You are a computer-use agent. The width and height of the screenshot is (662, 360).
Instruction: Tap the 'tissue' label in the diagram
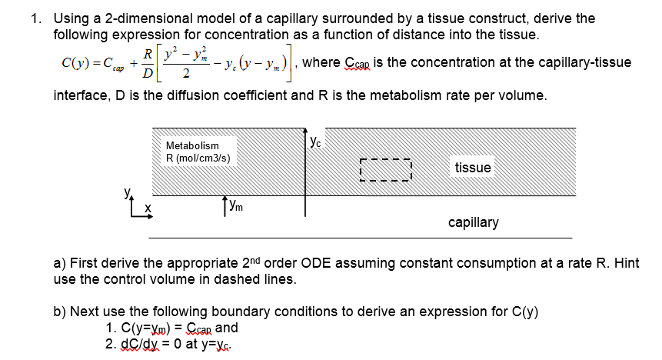point(472,168)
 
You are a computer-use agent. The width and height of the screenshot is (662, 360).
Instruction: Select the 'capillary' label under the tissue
point(473,222)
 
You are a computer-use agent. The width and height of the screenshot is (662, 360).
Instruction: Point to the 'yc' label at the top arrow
point(316,141)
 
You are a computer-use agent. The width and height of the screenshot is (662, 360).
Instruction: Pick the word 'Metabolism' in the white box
point(192,145)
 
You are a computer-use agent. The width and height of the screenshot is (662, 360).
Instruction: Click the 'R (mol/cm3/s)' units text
point(198,158)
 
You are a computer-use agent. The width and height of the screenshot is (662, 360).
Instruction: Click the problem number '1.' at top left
point(37,18)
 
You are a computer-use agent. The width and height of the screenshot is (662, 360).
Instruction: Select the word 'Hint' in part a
point(626,263)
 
